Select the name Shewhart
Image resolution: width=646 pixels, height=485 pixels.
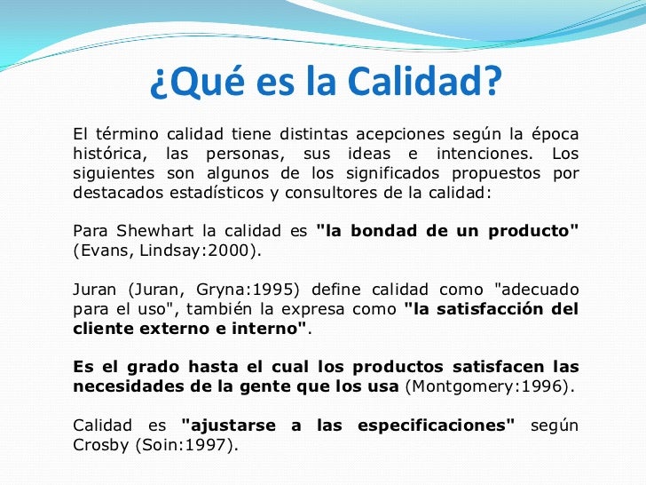(x=146, y=231)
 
